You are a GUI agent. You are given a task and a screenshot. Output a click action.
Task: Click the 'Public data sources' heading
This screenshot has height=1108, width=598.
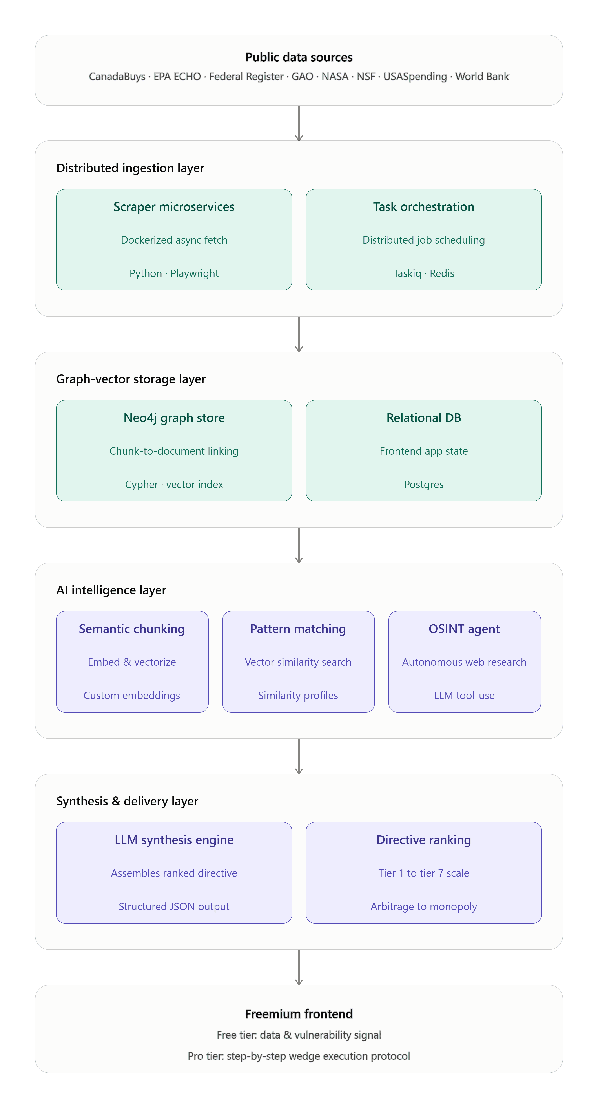point(299,57)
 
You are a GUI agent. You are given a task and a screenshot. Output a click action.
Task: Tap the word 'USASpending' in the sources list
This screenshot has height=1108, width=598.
point(415,77)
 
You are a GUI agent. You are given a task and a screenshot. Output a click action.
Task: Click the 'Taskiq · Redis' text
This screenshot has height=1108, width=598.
point(424,273)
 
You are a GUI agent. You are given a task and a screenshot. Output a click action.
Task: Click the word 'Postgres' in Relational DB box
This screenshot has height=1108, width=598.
point(424,485)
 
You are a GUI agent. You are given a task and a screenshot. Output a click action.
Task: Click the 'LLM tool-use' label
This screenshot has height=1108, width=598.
point(464,696)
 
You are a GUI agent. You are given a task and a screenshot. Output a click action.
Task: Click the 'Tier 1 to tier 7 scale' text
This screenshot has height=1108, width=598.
point(424,873)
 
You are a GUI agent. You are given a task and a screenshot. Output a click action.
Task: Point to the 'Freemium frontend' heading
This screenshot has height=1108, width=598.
point(299,1014)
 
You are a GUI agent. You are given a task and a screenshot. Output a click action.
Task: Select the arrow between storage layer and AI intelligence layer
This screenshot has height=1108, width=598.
point(299,545)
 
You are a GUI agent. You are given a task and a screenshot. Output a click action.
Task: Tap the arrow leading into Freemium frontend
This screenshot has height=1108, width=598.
point(299,967)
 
